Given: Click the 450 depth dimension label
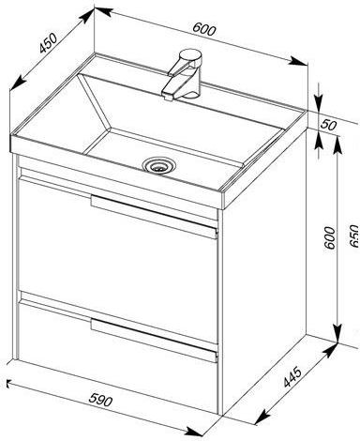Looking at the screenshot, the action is point(49,42).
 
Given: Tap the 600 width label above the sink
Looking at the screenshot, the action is point(204,29).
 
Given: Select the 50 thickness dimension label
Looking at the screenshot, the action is point(328,125).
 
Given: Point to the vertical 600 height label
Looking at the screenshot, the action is point(329,238).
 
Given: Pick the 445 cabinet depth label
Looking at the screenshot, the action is point(292,377).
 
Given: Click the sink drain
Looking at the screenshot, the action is point(159,164).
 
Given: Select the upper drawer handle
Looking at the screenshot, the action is point(154,217).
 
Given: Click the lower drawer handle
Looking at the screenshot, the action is point(154,340).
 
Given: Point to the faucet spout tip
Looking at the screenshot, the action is point(168,97).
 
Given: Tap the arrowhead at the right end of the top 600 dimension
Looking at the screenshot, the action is point(299,61).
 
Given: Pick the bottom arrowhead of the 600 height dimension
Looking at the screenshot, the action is point(337,333).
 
